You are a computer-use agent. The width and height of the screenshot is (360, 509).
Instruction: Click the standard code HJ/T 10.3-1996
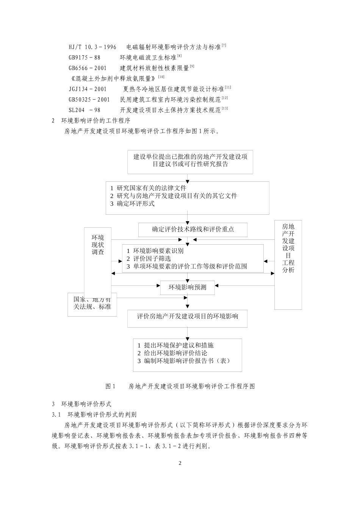click(92, 47)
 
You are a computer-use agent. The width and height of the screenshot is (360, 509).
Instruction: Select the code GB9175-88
click(85, 58)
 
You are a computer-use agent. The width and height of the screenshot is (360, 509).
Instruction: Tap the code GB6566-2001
click(88, 68)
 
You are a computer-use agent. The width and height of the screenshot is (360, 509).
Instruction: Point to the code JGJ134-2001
click(88, 89)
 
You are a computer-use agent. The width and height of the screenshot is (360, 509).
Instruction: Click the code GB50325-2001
click(89, 100)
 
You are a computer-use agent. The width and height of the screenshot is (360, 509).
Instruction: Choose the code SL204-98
click(85, 110)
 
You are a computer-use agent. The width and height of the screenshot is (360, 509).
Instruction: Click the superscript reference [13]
click(225, 109)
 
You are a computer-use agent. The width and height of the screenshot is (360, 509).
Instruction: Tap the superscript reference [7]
click(224, 45)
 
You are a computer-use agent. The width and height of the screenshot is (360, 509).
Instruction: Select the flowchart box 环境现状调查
click(98, 245)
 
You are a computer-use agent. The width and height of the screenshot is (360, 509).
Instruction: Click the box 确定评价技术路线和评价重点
click(193, 230)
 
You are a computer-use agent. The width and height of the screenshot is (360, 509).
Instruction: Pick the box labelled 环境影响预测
click(188, 287)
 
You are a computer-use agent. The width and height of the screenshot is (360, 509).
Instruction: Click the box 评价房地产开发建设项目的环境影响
click(188, 316)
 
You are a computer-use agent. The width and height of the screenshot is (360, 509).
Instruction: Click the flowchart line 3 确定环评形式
click(132, 204)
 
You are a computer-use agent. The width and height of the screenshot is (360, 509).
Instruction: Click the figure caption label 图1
click(110, 387)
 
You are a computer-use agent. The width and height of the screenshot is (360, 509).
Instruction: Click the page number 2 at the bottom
click(180, 464)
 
